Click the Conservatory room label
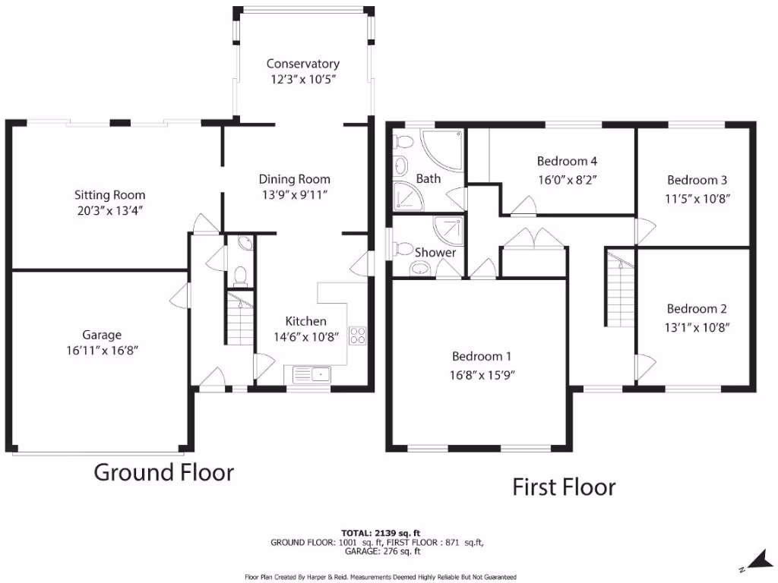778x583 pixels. coord(302,64)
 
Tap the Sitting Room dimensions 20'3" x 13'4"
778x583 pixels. coord(105,210)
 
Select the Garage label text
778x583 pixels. coord(102,335)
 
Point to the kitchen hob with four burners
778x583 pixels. coord(356,335)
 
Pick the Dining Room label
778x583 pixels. coord(295,179)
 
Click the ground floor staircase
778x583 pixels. coord(239,319)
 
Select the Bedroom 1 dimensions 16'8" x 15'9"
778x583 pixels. coord(482,373)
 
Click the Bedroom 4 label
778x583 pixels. coord(567,161)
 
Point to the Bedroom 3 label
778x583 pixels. coord(697,180)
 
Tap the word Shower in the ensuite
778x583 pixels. coord(435,252)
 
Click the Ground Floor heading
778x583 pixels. coord(163,472)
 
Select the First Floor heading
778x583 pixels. coord(564,487)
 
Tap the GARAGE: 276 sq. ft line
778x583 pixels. coord(378,552)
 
